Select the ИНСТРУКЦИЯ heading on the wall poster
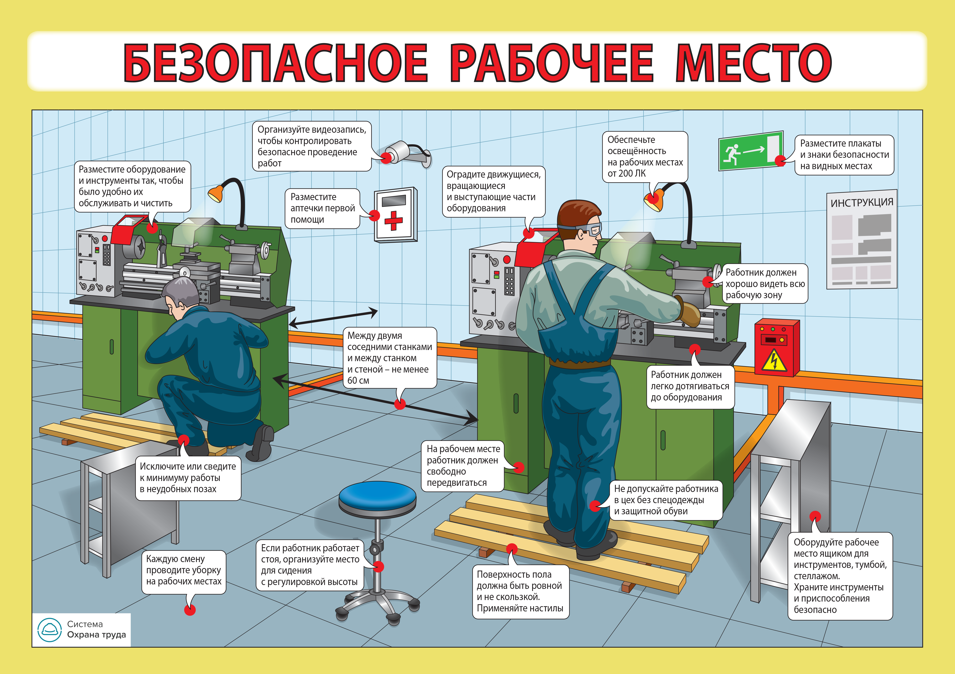[x=861, y=203]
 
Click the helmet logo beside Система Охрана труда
[x=49, y=630]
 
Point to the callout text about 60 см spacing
[x=389, y=358]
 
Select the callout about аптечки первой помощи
[x=322, y=208]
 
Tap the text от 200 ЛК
[x=626, y=174]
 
